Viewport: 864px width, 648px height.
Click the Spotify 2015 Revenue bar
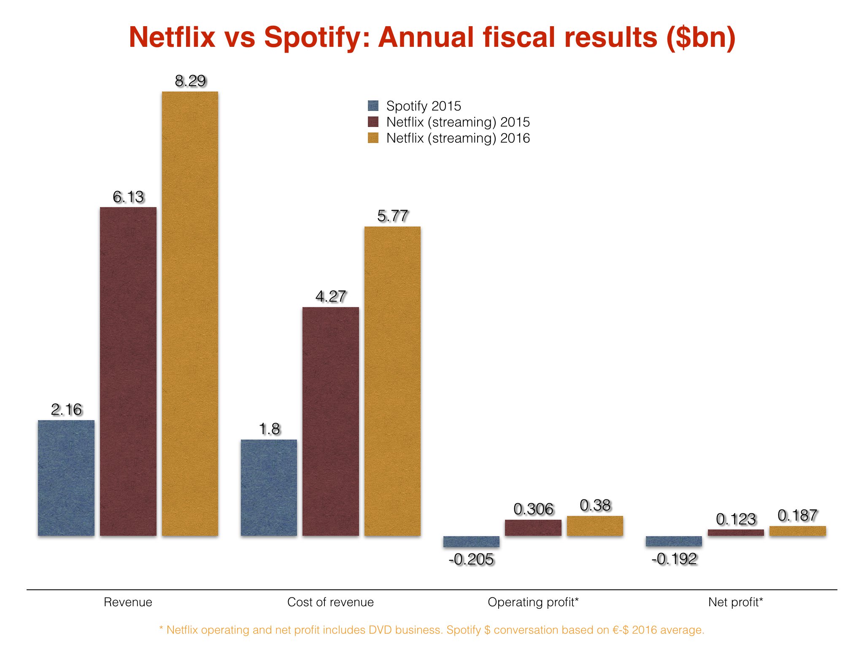[x=66, y=478]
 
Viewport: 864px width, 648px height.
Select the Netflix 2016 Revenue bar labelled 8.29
[x=190, y=313]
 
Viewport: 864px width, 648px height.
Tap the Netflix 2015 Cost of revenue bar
[x=330, y=421]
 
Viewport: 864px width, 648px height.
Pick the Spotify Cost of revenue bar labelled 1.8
[x=269, y=488]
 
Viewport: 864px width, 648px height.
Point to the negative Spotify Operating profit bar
[x=471, y=542]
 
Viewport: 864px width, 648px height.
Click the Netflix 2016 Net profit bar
[x=797, y=531]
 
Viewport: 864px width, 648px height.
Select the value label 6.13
[x=128, y=197]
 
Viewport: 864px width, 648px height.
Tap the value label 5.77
[x=392, y=216]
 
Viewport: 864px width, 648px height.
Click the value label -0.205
[x=471, y=559]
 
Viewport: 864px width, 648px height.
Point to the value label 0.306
[x=533, y=509]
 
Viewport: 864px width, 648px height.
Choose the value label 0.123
[x=736, y=519]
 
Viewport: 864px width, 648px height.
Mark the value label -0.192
[x=674, y=559]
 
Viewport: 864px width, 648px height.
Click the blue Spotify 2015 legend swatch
[x=373, y=105]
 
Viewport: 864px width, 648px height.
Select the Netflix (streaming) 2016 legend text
[x=458, y=138]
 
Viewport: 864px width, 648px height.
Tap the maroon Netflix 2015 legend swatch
[x=373, y=122]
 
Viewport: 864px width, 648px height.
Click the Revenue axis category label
[x=128, y=602]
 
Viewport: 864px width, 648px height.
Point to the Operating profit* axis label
[x=533, y=602]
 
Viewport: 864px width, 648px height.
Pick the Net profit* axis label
[x=735, y=602]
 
